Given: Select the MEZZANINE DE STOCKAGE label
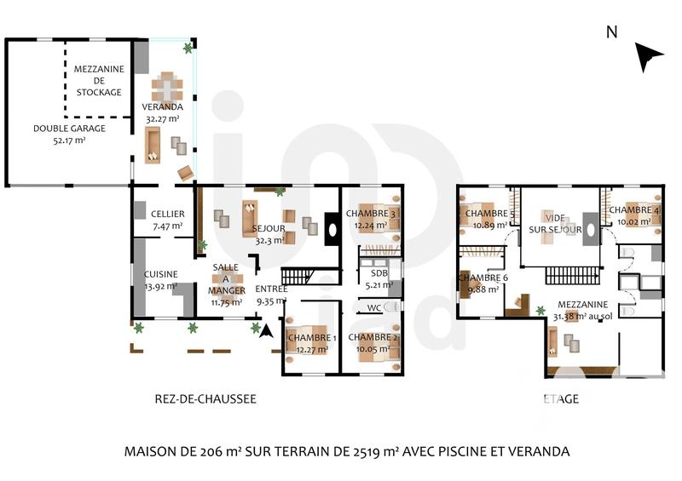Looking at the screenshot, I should pyautogui.click(x=98, y=80).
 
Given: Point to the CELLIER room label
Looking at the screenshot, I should pyautogui.click(x=167, y=220).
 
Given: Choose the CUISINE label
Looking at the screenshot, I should pyautogui.click(x=160, y=279).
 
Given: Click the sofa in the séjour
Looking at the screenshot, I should pyautogui.click(x=251, y=218).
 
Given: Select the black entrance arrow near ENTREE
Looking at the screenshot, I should pyautogui.click(x=265, y=332).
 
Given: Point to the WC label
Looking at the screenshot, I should pyautogui.click(x=374, y=308).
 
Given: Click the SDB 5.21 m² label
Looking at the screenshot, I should pyautogui.click(x=379, y=278).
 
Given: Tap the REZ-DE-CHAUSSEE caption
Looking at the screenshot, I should pyautogui.click(x=205, y=398).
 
